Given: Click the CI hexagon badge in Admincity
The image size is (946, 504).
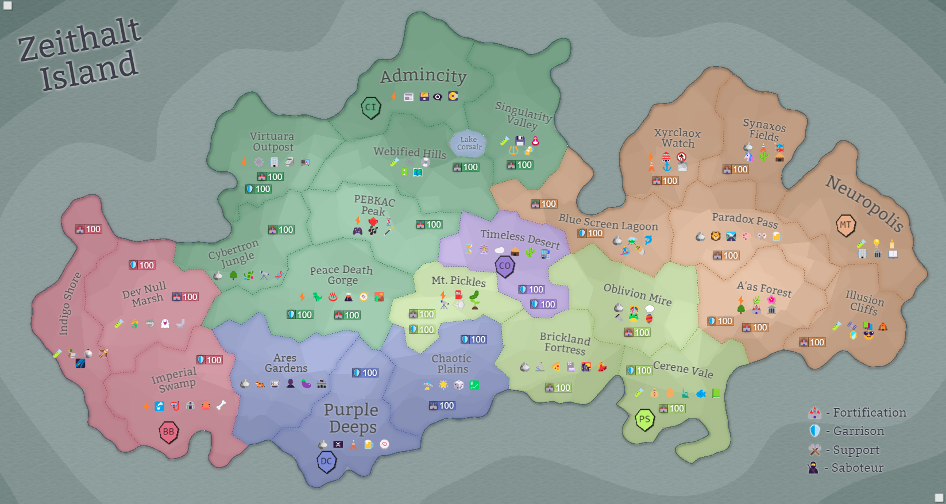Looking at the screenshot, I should pyautogui.click(x=371, y=107).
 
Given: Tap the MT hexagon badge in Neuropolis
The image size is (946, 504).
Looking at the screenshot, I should pyautogui.click(x=845, y=225).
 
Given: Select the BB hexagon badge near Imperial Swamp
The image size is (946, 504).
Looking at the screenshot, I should pyautogui.click(x=168, y=432).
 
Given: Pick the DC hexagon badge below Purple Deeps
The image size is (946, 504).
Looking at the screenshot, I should pyautogui.click(x=326, y=461).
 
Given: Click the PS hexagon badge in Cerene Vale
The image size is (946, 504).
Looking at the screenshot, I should pyautogui.click(x=645, y=420).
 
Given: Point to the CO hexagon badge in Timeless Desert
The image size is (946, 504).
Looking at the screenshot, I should pyautogui.click(x=505, y=266).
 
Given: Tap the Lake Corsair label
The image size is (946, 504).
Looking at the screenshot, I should pyautogui.click(x=469, y=143).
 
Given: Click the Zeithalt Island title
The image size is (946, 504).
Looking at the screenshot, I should pyautogui.click(x=80, y=55).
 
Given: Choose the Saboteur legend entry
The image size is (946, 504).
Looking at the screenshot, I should pyautogui.click(x=848, y=468).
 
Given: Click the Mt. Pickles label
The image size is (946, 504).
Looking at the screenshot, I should pyautogui.click(x=458, y=280).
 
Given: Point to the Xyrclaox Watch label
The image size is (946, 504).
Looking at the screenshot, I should pyautogui.click(x=677, y=138).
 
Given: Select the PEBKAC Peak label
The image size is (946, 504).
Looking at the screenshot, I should pyautogui.click(x=374, y=205).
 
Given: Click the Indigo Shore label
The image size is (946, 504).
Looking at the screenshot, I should pyautogui.click(x=69, y=303).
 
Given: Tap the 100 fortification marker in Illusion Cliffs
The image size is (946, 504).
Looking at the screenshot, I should pyautogui.click(x=812, y=342).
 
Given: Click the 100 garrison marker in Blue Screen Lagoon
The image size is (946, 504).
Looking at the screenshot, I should pyautogui.click(x=590, y=233).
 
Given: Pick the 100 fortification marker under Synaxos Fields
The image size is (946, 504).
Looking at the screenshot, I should pyautogui.click(x=735, y=170).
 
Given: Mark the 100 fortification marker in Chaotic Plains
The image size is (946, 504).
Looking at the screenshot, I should pyautogui.click(x=442, y=406).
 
